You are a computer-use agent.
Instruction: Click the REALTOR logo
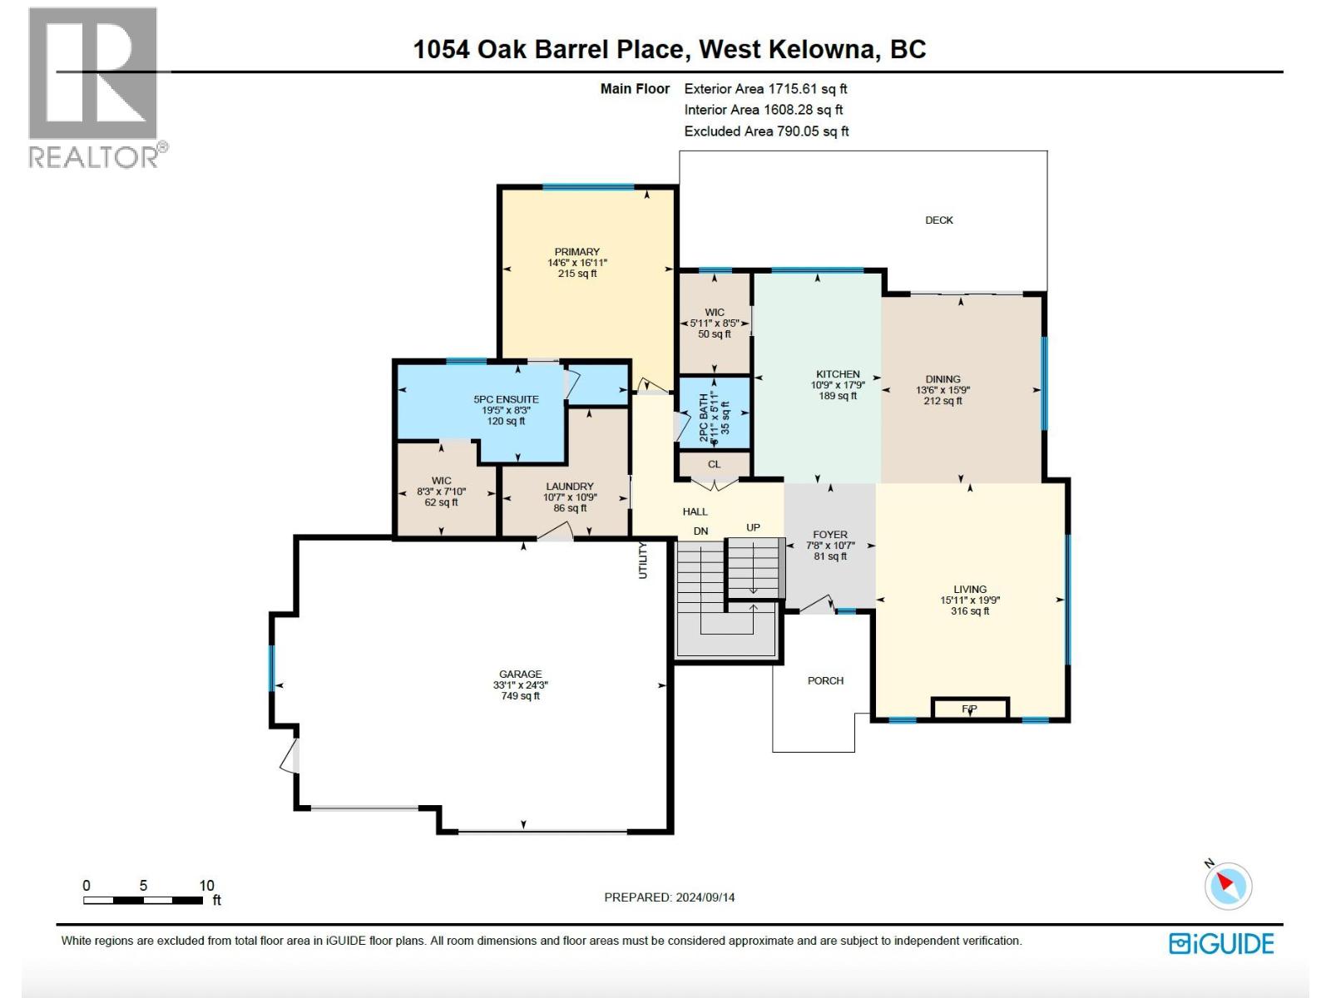point(93,87)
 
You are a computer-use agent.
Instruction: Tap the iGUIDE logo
point(1221,943)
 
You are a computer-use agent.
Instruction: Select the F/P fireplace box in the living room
point(970,709)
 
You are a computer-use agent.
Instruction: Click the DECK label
point(939,220)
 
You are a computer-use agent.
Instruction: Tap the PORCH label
point(825,680)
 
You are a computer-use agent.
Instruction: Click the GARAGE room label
point(520,674)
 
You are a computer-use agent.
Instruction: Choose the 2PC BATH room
point(715,413)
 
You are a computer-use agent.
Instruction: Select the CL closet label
point(714,464)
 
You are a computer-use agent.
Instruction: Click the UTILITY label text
point(642,560)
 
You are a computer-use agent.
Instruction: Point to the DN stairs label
point(700,531)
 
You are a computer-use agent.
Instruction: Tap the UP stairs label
point(753,527)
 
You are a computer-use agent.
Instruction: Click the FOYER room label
point(830,535)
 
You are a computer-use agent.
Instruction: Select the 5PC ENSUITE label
point(506,399)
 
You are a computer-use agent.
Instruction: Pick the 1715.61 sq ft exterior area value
point(807,88)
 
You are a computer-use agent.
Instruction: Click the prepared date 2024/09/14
point(705,897)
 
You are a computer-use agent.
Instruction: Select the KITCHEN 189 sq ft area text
point(838,396)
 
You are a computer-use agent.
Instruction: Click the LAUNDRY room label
point(570,487)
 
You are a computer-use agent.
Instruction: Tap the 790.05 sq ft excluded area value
point(812,131)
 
